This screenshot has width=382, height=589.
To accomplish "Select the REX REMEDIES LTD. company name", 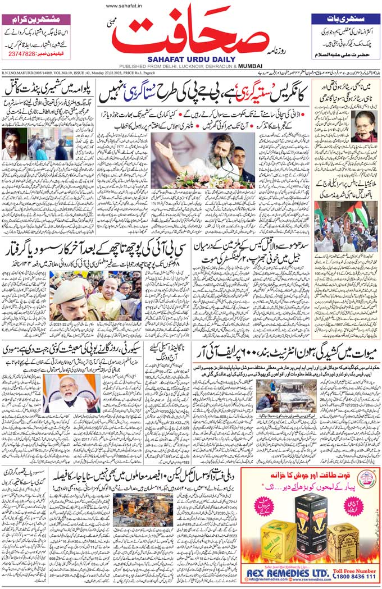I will tap(286, 572).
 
